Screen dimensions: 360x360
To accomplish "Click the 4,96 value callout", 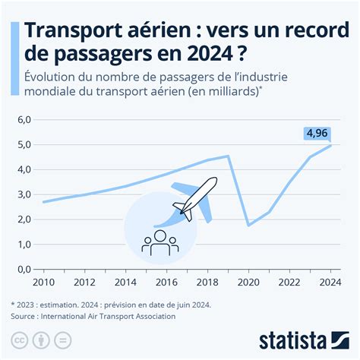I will pyautogui.click(x=317, y=134).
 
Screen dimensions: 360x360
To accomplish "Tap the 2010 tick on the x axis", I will pyautogui.click(x=43, y=283).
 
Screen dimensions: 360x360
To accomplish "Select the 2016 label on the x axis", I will pyautogui.click(x=166, y=283).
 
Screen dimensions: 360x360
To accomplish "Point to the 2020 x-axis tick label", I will pyautogui.click(x=248, y=283).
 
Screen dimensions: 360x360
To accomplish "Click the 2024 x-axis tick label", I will pyautogui.click(x=330, y=283).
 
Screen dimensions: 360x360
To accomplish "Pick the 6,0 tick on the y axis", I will pyautogui.click(x=23, y=120).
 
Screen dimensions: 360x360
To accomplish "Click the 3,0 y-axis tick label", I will pyautogui.click(x=23, y=194).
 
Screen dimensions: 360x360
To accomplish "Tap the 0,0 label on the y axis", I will pyautogui.click(x=23, y=269).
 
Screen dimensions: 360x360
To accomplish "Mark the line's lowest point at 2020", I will pyautogui.click(x=248, y=225).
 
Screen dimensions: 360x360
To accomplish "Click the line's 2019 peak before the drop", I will pyautogui.click(x=228, y=156).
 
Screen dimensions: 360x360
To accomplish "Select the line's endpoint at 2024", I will pyautogui.click(x=330, y=146).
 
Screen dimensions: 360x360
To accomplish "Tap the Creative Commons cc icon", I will pyautogui.click(x=21, y=336).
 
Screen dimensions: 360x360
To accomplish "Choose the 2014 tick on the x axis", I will pyautogui.click(x=125, y=283).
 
